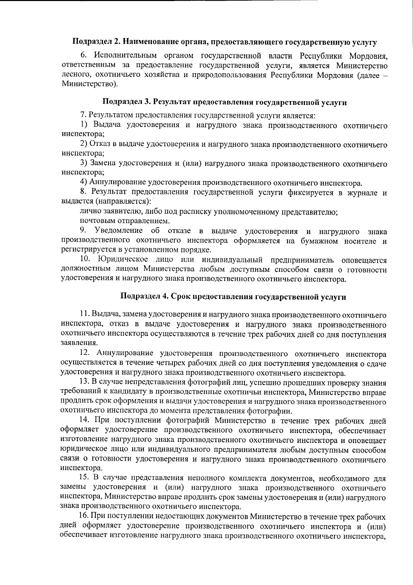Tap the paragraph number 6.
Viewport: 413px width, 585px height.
[x=83, y=56]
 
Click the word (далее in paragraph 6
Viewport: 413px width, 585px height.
[x=367, y=75]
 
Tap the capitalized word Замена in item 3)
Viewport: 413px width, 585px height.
[x=103, y=163]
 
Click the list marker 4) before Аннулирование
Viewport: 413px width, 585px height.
[x=83, y=182]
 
